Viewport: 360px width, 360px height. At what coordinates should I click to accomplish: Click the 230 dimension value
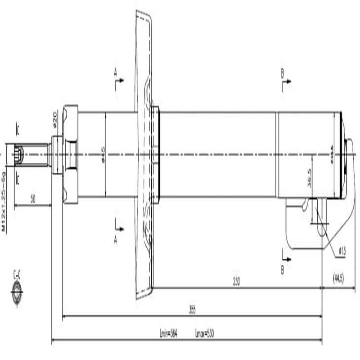pyautogui.click(x=236, y=282)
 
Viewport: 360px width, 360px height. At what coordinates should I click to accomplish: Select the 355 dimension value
pyautogui.click(x=193, y=310)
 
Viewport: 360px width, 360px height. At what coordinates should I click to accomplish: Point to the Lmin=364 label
pyautogui.click(x=168, y=334)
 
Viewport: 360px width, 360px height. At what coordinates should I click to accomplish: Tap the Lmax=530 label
pyautogui.click(x=205, y=334)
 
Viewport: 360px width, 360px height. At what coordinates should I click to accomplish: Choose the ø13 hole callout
pyautogui.click(x=342, y=252)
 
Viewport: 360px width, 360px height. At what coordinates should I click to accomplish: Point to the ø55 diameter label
pyautogui.click(x=332, y=154)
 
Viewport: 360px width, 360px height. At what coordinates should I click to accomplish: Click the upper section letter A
pyautogui.click(x=115, y=72)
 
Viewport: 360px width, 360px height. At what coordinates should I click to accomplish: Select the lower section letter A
pyautogui.click(x=115, y=240)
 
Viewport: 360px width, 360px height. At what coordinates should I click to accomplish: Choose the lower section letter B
pyautogui.click(x=282, y=270)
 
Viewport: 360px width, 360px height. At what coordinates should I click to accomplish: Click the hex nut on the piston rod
pyautogui.click(x=70, y=154)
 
